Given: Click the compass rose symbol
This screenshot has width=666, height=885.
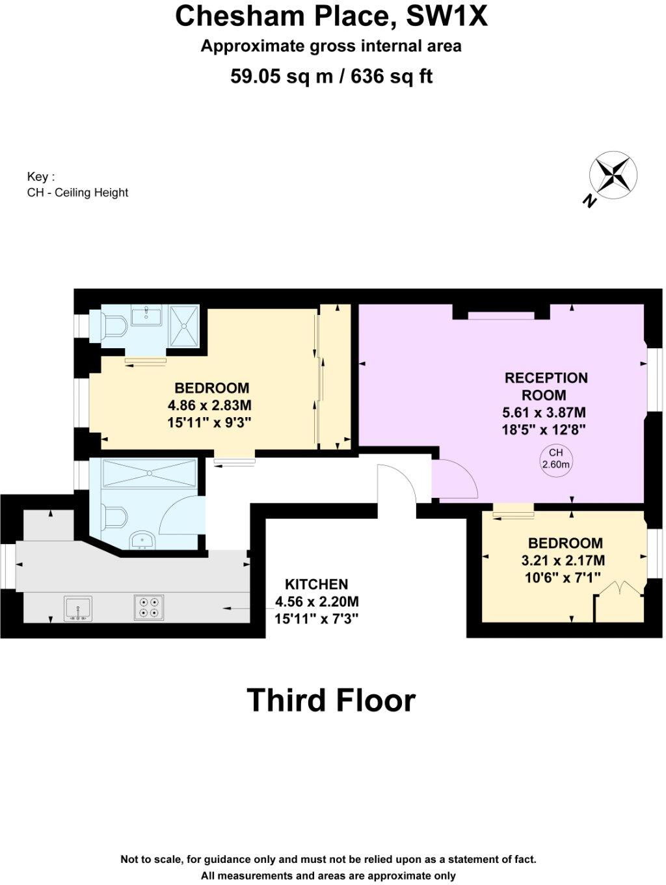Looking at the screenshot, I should (x=613, y=174).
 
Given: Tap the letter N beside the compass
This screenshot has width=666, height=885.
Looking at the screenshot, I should (x=589, y=201).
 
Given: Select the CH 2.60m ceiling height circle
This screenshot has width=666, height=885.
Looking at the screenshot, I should (x=555, y=459).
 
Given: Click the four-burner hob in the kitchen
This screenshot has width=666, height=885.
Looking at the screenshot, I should (x=148, y=607).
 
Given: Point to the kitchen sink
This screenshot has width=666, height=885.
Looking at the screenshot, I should (x=78, y=608).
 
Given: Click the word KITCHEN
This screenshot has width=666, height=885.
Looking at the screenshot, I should (x=316, y=584).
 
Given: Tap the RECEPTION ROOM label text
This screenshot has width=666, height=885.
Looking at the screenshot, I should (x=546, y=387).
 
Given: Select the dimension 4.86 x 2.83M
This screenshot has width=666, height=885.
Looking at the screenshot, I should (x=209, y=405).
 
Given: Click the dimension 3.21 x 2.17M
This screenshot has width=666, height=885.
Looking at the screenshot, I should (x=563, y=560).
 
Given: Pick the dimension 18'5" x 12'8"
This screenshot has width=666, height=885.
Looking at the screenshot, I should (x=544, y=429).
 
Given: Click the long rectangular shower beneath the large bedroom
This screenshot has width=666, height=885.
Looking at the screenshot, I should (x=149, y=472).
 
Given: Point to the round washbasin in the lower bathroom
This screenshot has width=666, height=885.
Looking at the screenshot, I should (x=142, y=539).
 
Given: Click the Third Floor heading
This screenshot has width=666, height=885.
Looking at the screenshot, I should (x=331, y=700).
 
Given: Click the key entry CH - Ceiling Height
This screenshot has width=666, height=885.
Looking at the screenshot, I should (x=77, y=193).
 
